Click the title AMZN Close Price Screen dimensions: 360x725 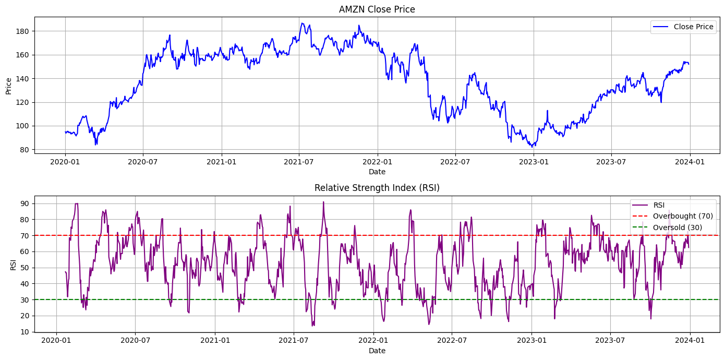pyautogui.click(x=377, y=9)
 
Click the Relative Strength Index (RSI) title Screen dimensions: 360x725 pyautogui.click(x=377, y=188)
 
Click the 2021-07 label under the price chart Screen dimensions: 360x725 pyautogui.click(x=299, y=162)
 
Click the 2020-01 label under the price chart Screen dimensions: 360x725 pyautogui.click(x=65, y=162)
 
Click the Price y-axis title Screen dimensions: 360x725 pyautogui.click(x=9, y=85)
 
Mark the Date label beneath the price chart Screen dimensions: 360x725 pyautogui.click(x=377, y=172)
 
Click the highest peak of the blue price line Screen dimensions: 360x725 pyautogui.click(x=302, y=23)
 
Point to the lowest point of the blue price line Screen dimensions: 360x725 pyautogui.click(x=532, y=147)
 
